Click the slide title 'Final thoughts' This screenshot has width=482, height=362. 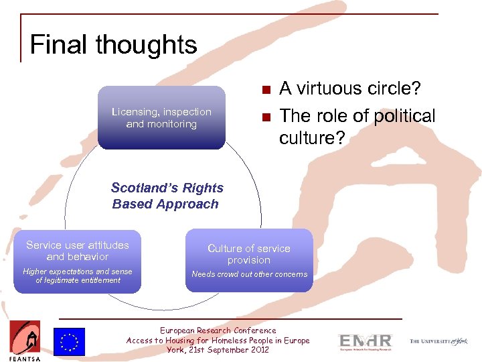(x=113, y=45)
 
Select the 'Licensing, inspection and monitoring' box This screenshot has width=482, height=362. (x=161, y=117)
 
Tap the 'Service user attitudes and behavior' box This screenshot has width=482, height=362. (x=78, y=261)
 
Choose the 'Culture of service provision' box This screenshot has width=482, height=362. (x=249, y=260)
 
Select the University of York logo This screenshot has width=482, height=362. (x=438, y=342)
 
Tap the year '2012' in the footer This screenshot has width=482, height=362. (x=257, y=350)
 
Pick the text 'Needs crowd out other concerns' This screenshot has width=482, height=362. (x=249, y=274)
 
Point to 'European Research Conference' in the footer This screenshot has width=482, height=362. (x=218, y=330)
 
